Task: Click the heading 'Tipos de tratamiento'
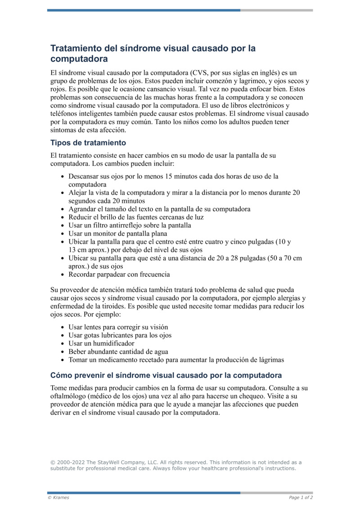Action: pyautogui.click(x=88, y=143)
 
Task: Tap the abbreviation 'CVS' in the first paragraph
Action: pyautogui.click(x=201, y=72)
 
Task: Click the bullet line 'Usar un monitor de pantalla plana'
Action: pyautogui.click(x=117, y=234)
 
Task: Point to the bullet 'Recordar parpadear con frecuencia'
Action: pyautogui.click(x=119, y=274)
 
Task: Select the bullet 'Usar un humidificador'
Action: pyautogui.click(x=101, y=343)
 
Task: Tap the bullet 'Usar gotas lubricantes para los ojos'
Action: pyautogui.click(x=120, y=335)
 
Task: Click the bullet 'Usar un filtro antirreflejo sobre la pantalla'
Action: pyautogui.click(x=130, y=225)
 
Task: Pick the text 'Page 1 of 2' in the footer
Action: pyautogui.click(x=301, y=497)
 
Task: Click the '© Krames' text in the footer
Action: pyautogui.click(x=58, y=497)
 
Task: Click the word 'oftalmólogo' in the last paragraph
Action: pyautogui.click(x=69, y=396)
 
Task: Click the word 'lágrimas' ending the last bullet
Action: pyautogui.click(x=270, y=360)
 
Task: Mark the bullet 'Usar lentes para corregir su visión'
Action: pyautogui.click(x=118, y=327)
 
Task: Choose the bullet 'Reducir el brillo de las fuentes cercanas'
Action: pyautogui.click(x=136, y=217)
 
